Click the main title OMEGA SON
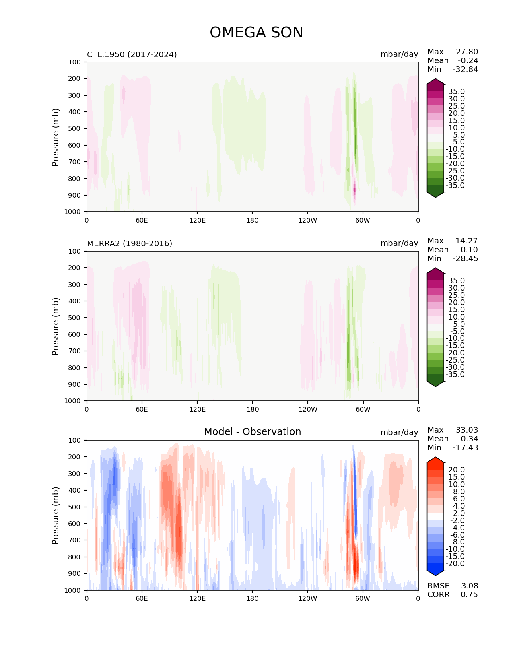256,32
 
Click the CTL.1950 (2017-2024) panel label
132,54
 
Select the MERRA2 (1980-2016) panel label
130,243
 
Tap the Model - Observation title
252,431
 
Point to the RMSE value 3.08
469,586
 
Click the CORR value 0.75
469,594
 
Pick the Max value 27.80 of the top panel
467,52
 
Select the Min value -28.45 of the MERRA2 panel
466,258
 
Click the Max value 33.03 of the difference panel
467,430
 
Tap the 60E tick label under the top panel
142,220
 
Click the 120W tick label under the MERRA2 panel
308,409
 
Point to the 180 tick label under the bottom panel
252,598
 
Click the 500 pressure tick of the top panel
74,128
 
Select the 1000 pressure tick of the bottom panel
72,590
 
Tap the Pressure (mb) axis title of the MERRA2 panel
55,326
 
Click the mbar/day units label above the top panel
400,54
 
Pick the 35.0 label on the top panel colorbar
457,91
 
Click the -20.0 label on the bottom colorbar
455,563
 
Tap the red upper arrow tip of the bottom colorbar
435,457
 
